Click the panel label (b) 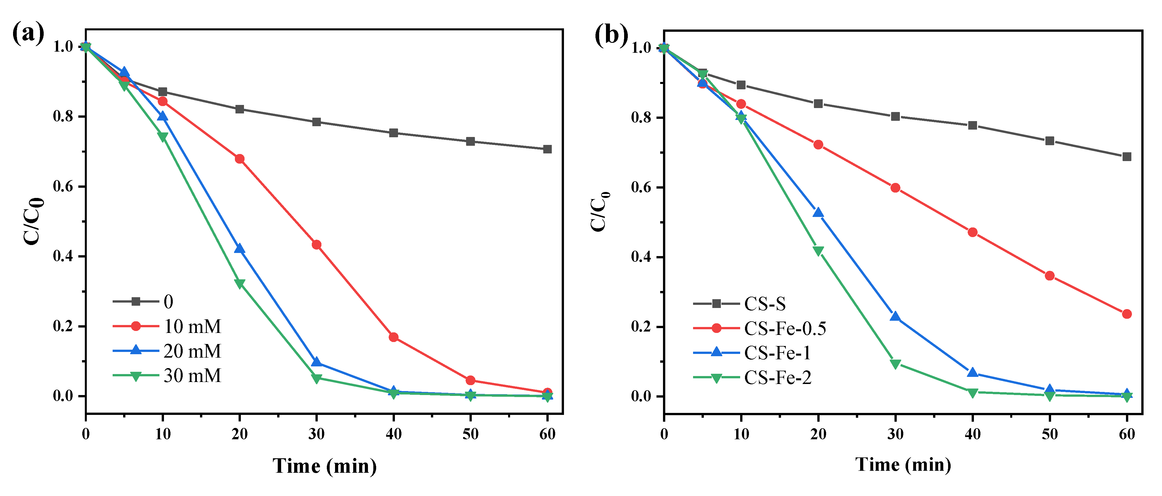point(611,35)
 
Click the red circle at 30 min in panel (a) point(317,245)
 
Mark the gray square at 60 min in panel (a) point(547,149)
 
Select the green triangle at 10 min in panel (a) point(163,137)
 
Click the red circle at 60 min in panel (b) point(1126,314)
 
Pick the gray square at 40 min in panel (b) point(972,125)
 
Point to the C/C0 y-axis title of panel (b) point(600,212)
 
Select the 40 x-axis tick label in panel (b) point(972,434)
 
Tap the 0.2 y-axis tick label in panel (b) point(641,326)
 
